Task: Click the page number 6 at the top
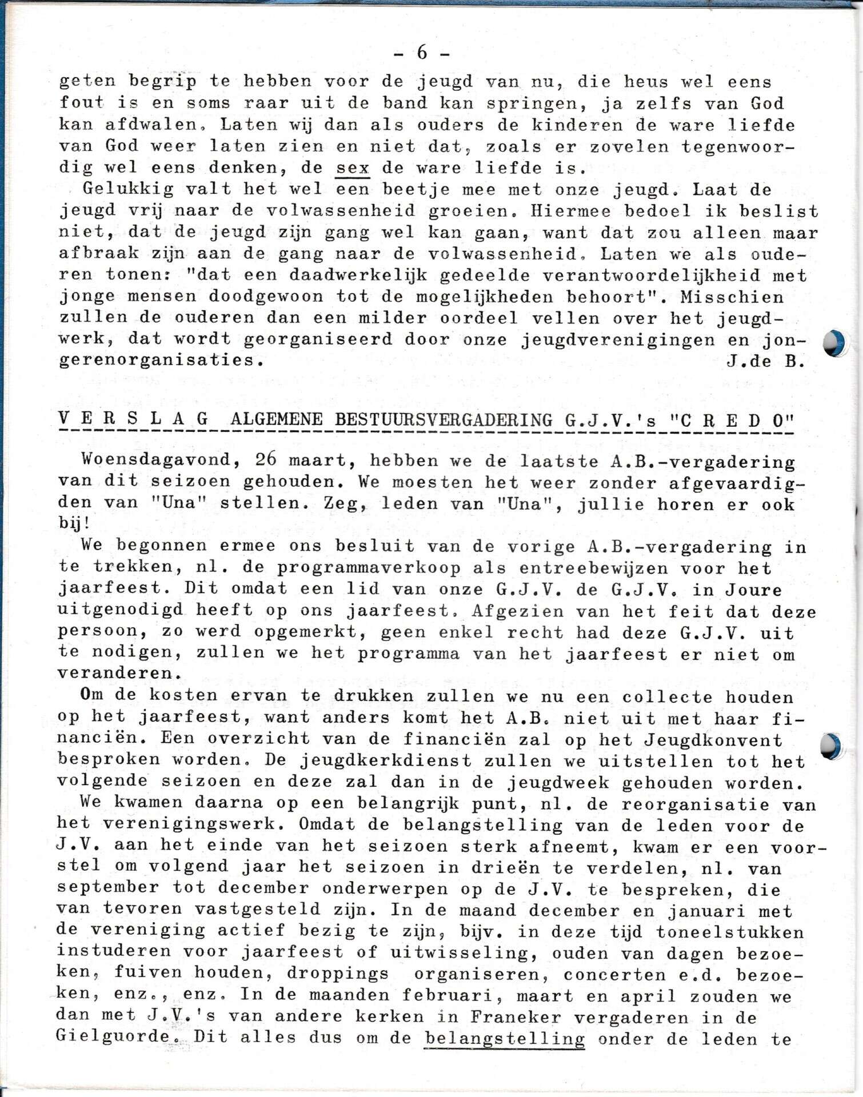click(x=422, y=53)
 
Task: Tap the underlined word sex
click(x=353, y=169)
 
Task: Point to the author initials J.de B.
click(x=766, y=361)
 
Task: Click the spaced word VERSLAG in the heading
click(x=133, y=419)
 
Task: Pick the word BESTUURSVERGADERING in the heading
click(x=444, y=420)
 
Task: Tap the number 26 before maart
click(x=266, y=460)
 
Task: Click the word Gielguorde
click(x=114, y=1037)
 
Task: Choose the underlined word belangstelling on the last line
click(x=505, y=1039)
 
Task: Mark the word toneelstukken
click(x=730, y=932)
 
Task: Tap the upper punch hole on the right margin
click(x=833, y=343)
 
